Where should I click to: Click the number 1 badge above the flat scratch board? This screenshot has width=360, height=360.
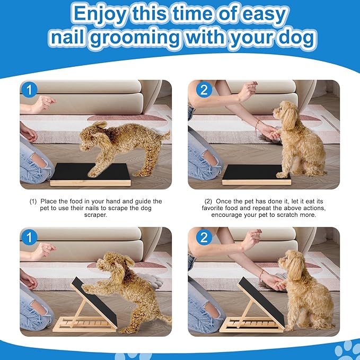click(30, 90)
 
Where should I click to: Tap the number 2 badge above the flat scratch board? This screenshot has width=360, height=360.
click(204, 90)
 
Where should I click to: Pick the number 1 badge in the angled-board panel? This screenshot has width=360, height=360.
click(30, 236)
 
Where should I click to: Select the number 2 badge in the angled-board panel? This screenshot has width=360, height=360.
click(204, 236)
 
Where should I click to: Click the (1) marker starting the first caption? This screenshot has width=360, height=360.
click(33, 202)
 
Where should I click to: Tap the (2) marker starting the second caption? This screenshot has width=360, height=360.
click(208, 202)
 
